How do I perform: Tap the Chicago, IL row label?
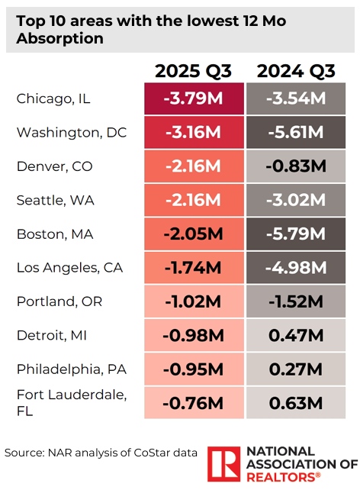[53, 98]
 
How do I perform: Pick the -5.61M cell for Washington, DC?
[295, 132]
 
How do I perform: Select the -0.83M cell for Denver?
[295, 166]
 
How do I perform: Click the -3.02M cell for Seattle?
[295, 200]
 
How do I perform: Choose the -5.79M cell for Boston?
[295, 234]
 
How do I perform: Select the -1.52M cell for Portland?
[295, 301]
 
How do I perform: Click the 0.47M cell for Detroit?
[295, 334]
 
